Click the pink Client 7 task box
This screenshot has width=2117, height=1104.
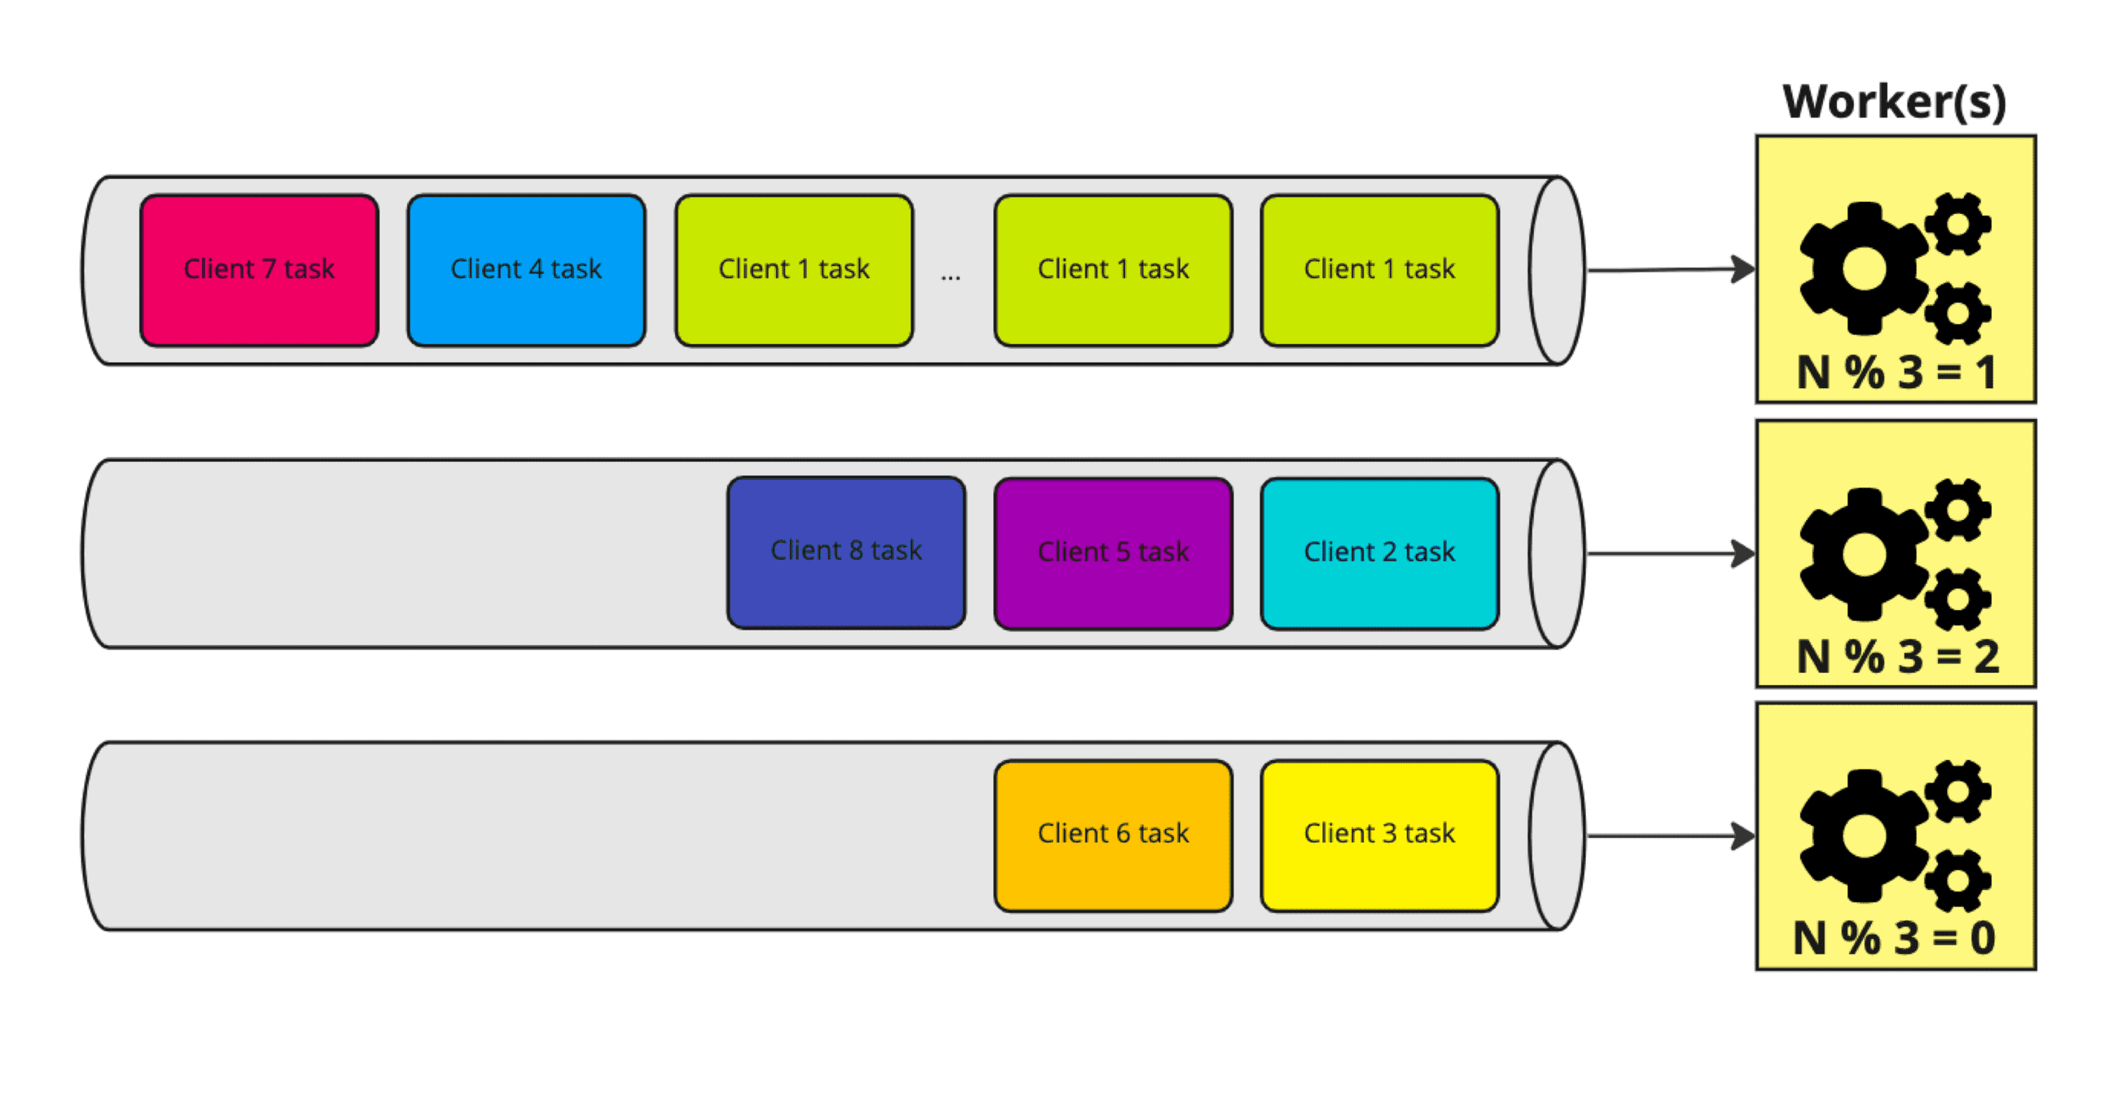click(259, 269)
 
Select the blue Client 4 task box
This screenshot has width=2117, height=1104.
click(526, 269)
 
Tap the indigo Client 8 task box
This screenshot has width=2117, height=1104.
click(846, 552)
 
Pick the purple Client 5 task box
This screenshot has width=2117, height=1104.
click(1113, 553)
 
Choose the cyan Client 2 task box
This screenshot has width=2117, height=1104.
click(1379, 553)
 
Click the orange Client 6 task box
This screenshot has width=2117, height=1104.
click(1113, 835)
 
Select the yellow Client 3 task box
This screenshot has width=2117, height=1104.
click(1379, 835)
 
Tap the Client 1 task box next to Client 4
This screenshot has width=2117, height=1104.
click(794, 269)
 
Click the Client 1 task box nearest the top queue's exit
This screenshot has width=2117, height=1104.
click(1379, 269)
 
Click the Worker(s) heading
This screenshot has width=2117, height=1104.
click(1894, 102)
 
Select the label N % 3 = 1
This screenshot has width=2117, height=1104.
click(1896, 373)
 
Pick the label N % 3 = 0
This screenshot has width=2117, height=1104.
click(1893, 938)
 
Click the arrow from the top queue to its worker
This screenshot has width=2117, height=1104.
click(1668, 269)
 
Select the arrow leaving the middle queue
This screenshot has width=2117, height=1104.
click(1668, 554)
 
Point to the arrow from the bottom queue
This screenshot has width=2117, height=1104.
click(1668, 836)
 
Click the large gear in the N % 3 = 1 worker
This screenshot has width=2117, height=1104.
click(1864, 269)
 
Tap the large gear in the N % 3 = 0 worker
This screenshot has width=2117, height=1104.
click(1864, 836)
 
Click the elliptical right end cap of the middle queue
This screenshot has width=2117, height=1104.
click(1557, 554)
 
